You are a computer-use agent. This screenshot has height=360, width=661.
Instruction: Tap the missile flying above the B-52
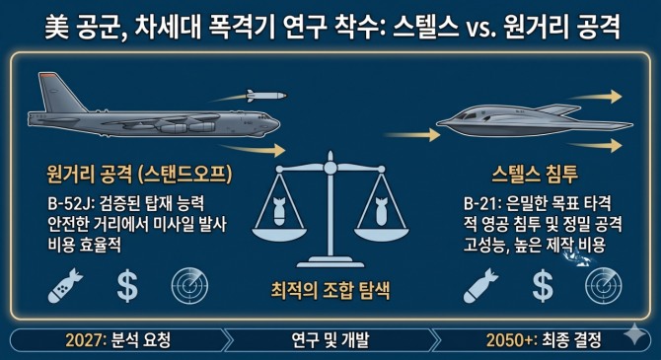coord(266,96)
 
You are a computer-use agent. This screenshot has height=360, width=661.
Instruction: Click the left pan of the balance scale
coord(279,233)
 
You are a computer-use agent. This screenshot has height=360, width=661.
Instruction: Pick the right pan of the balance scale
coord(381,233)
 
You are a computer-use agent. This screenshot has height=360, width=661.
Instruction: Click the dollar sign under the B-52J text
coord(127,286)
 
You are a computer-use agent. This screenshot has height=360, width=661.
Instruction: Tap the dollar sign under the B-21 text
coord(543,286)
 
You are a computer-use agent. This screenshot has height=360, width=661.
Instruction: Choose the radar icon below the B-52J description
coord(189,286)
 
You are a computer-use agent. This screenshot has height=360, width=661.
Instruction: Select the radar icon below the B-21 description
coord(604,286)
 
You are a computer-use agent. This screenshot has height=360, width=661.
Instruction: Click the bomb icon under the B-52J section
coord(65,286)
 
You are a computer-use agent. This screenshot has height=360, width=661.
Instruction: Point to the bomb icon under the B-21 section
coord(480,286)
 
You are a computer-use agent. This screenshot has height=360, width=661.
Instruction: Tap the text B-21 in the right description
coord(479,204)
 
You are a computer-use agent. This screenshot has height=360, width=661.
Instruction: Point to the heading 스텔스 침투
coord(535,174)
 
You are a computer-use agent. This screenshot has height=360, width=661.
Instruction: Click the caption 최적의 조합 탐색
coord(330,290)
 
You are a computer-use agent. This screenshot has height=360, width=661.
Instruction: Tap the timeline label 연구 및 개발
coord(330,339)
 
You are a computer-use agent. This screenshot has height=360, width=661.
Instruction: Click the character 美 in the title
coord(57,28)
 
